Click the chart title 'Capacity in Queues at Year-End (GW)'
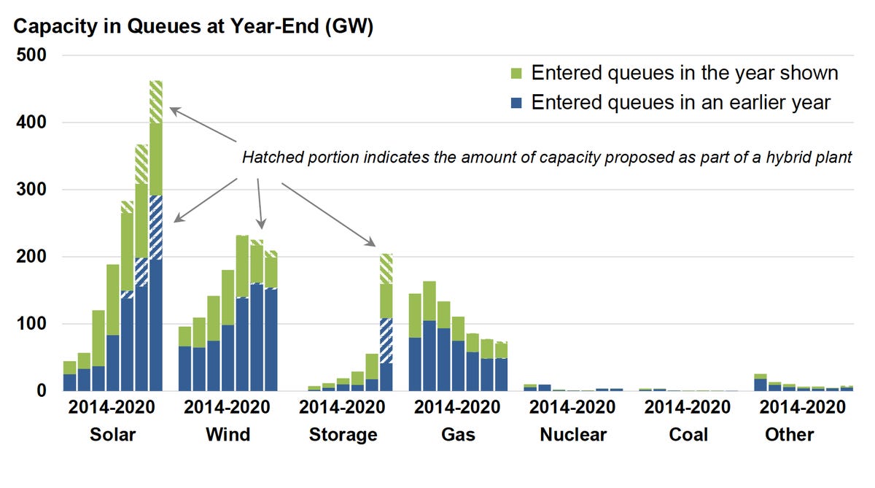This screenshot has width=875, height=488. pyautogui.click(x=193, y=27)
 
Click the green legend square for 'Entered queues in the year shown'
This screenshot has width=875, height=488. pyautogui.click(x=516, y=74)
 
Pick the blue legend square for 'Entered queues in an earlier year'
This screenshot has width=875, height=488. pyautogui.click(x=516, y=103)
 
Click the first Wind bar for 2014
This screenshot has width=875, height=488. pyautogui.click(x=185, y=358)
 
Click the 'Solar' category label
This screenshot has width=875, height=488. pyautogui.click(x=112, y=435)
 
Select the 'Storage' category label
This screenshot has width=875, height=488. pyautogui.click(x=343, y=435)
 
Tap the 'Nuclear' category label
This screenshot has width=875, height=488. pyautogui.click(x=573, y=435)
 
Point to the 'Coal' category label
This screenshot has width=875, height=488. pyautogui.click(x=688, y=435)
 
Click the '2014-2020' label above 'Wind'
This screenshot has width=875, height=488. pyautogui.click(x=227, y=407)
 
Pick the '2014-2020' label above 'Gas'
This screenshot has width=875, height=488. pyautogui.click(x=458, y=407)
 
